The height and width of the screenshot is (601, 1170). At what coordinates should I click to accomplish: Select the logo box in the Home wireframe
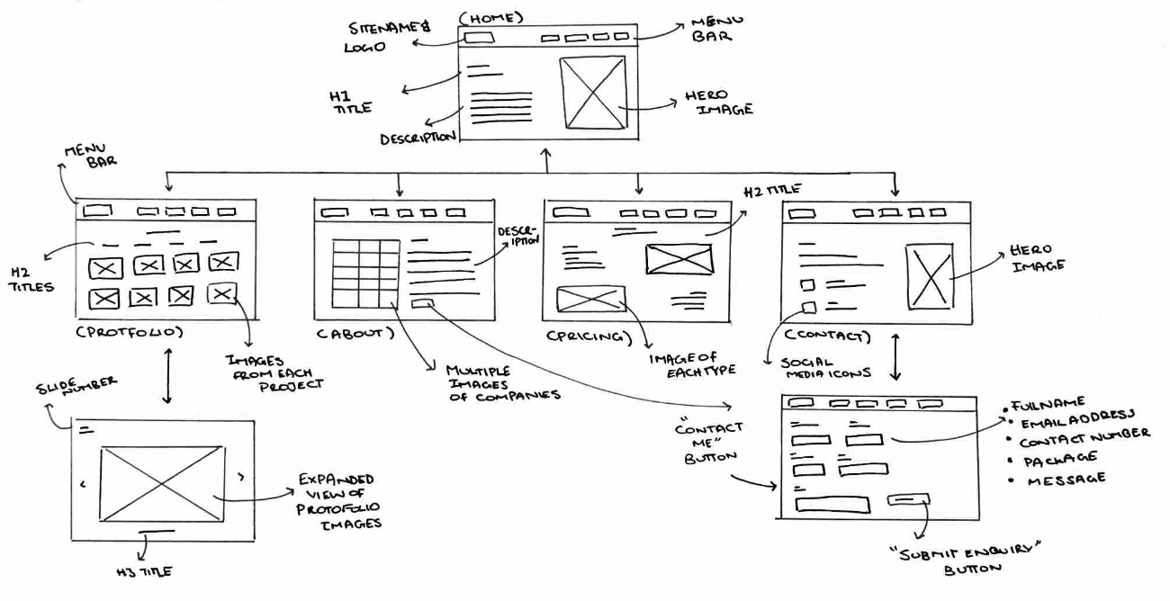[x=478, y=38]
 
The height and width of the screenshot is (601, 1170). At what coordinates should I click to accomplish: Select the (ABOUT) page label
[x=355, y=333]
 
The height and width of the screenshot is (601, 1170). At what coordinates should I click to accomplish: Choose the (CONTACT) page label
[x=827, y=336]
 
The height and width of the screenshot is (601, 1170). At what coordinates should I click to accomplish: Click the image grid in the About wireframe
[x=365, y=274]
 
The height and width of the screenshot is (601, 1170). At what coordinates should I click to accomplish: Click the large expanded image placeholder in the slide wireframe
[x=161, y=483]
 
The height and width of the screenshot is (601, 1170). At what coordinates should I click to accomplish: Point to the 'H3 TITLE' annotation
[x=144, y=571]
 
